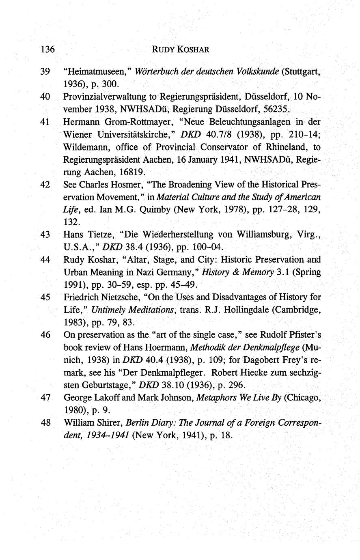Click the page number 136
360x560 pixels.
(47, 50)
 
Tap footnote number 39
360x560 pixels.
(45, 72)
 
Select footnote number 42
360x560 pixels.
(45, 185)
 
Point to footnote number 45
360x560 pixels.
(45, 297)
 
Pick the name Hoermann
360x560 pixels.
(164, 348)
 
